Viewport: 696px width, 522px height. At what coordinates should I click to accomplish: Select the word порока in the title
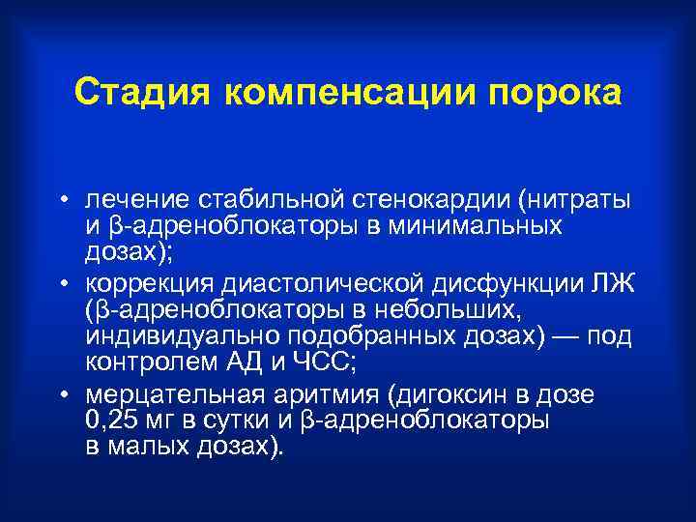pyautogui.click(x=556, y=95)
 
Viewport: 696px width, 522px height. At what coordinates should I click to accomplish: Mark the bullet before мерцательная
pyautogui.click(x=61, y=396)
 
